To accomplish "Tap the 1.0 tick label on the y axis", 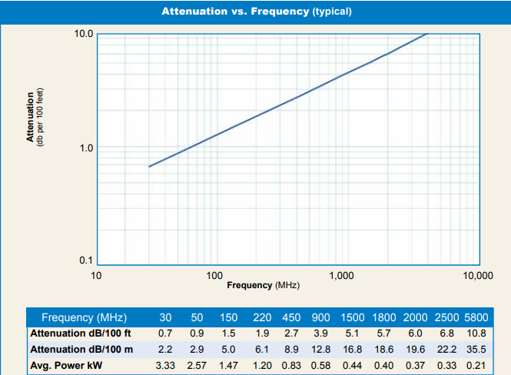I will (85, 148).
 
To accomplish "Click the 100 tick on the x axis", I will (215, 274).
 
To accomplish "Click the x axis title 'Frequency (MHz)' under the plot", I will (263, 285).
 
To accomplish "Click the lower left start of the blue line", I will (149, 166).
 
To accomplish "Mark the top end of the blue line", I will (427, 34).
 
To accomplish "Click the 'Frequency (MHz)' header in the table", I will (84, 317).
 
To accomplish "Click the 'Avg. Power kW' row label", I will (66, 364).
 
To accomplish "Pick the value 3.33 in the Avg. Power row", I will (165, 364).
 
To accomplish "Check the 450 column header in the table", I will (292, 317).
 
